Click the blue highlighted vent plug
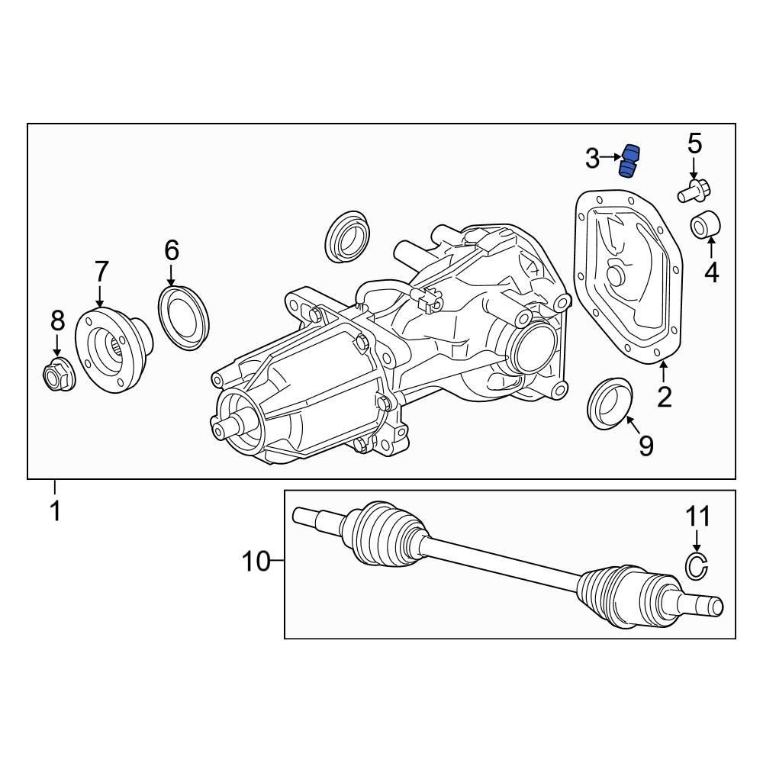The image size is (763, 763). (629, 160)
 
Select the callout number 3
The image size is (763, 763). (593, 159)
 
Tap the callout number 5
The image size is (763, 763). (694, 143)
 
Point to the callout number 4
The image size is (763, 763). (711, 272)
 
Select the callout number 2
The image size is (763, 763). (664, 396)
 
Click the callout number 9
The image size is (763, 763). (646, 445)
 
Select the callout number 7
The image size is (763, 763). (101, 271)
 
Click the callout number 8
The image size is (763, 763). (58, 320)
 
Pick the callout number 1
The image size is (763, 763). (55, 510)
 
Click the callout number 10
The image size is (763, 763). (256, 562)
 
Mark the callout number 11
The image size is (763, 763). (696, 517)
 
